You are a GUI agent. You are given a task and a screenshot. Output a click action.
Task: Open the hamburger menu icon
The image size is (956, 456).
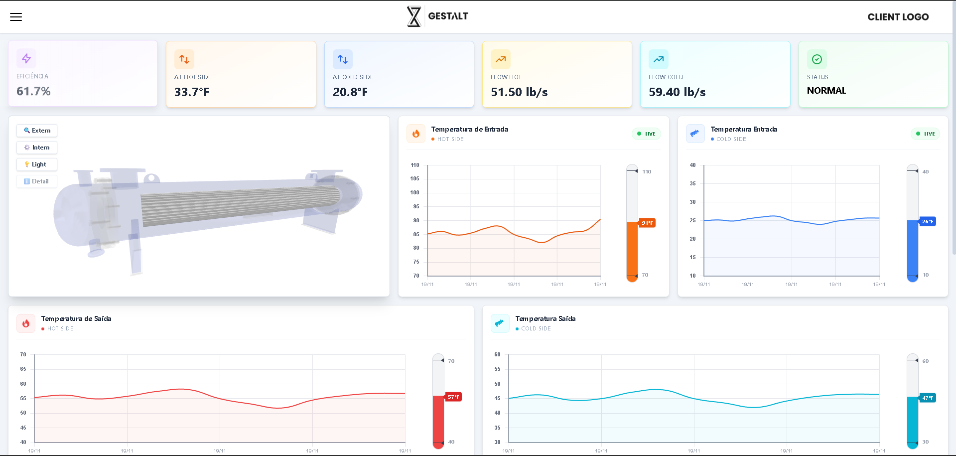[16, 17]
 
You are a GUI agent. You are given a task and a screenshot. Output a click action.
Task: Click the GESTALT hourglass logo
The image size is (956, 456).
[414, 16]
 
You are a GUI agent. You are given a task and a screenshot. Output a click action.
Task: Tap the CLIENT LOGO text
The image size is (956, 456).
[898, 17]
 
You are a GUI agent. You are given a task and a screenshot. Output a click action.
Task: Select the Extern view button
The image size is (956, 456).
[37, 131]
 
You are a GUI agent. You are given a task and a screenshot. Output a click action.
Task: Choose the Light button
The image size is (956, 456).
[37, 164]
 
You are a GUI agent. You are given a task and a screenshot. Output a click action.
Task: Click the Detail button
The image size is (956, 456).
[37, 181]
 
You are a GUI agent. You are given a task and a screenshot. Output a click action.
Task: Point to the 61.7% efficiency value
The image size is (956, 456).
[33, 91]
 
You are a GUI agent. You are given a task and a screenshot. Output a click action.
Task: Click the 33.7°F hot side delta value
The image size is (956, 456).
[192, 92]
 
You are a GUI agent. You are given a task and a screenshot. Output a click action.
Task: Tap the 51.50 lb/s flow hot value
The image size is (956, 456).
[519, 92]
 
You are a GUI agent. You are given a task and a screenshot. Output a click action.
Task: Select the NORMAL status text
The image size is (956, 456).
[826, 91]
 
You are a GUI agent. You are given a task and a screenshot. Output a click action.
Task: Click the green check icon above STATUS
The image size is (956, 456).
[817, 59]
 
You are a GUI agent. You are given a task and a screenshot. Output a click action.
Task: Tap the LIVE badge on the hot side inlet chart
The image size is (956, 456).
[646, 134]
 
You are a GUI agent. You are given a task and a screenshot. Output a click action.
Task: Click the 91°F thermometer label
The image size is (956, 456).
[647, 223]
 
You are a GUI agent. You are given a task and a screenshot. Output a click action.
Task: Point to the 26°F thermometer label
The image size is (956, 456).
[927, 221]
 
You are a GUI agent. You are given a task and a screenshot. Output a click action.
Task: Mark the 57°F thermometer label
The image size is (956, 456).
[453, 397]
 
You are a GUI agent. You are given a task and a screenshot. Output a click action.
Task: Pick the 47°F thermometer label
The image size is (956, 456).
[927, 398]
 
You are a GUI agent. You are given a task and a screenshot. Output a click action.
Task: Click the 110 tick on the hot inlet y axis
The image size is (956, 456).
[415, 165]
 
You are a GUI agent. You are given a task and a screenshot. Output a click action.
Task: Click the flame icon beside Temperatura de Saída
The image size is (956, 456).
[26, 323]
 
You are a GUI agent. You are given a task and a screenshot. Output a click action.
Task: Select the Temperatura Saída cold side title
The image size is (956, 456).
[545, 318]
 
